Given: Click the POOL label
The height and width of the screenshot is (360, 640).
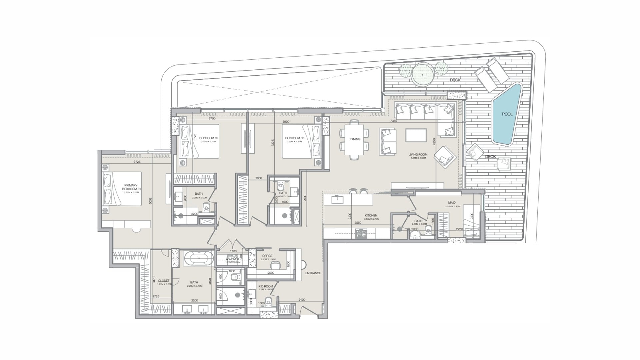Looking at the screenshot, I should [x=507, y=114].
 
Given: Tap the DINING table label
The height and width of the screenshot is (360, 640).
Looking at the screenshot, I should [x=355, y=139].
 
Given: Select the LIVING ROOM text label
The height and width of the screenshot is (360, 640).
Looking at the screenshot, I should [x=418, y=155].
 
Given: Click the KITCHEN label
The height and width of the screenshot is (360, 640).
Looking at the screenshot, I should [x=371, y=216].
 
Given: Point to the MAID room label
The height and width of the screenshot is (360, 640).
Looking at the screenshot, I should [x=452, y=203].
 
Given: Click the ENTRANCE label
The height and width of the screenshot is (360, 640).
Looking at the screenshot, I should [x=313, y=273].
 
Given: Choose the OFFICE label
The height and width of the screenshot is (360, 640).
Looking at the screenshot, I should [x=267, y=256].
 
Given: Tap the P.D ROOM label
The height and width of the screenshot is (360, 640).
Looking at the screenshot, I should [x=266, y=286].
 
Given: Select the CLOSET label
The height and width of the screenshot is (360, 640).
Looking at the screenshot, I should [x=164, y=281].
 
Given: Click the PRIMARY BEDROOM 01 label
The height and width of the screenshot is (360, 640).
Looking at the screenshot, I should [x=131, y=187].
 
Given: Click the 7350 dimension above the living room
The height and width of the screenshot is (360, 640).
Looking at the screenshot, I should [x=394, y=121].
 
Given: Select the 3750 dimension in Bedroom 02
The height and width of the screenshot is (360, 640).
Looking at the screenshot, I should [x=212, y=118].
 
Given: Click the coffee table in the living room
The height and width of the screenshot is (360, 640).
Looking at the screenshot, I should [x=416, y=135].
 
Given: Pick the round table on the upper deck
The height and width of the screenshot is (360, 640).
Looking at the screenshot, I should [x=423, y=75].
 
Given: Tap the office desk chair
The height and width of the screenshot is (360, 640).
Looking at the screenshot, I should [x=275, y=265].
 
